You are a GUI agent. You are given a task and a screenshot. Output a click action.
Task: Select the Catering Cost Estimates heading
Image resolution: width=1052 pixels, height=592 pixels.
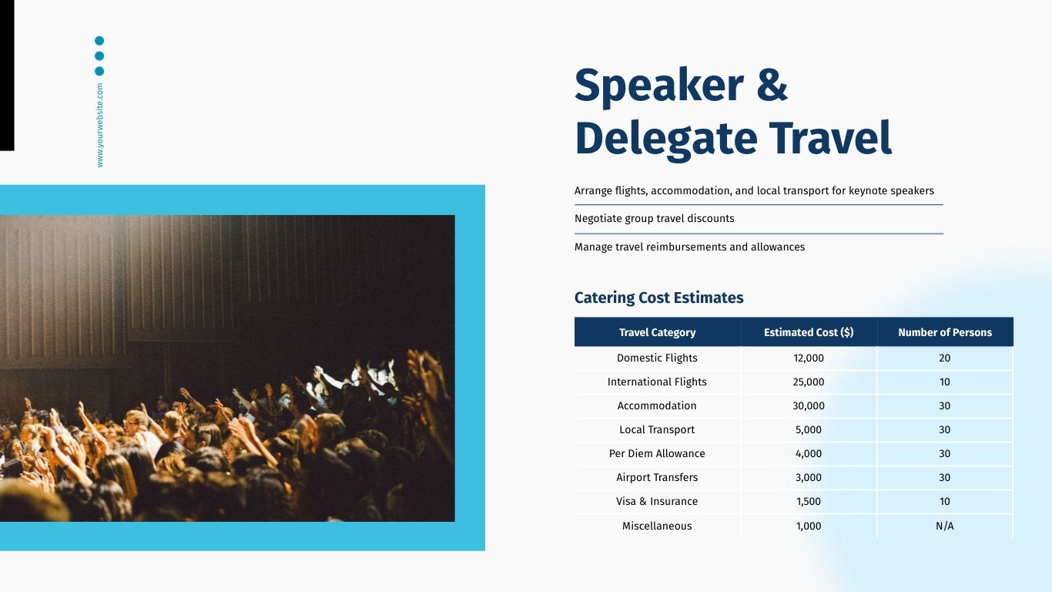click(658, 298)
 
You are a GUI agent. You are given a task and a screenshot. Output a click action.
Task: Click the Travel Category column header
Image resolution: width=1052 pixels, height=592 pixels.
click(657, 332)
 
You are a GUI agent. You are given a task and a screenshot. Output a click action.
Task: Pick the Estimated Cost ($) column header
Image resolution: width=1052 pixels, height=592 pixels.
click(809, 332)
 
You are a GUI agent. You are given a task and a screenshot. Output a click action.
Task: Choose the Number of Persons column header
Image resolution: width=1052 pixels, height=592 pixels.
click(944, 332)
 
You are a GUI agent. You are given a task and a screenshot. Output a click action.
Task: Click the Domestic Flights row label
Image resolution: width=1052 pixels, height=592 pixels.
click(657, 358)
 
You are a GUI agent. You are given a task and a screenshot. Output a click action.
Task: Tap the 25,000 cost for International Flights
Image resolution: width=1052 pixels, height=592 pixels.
click(809, 382)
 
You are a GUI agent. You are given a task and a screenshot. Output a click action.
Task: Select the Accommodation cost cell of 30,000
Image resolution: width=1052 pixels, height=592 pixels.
click(809, 405)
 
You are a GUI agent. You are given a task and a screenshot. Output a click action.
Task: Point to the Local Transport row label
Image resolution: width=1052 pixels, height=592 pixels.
click(657, 429)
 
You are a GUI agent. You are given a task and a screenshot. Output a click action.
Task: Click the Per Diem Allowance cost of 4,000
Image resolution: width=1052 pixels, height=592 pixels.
click(809, 453)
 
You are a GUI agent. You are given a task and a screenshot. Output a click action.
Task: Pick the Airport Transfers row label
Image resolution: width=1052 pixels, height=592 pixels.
click(657, 477)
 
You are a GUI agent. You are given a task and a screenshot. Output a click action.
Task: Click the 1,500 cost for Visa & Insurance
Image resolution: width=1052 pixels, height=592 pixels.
click(809, 501)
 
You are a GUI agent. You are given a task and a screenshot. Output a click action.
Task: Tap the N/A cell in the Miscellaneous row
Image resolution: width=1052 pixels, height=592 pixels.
click(944, 526)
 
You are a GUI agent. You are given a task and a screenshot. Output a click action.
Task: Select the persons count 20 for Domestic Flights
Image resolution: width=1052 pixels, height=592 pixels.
click(944, 358)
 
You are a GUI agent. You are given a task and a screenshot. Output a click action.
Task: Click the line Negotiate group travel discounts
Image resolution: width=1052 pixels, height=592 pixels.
click(655, 218)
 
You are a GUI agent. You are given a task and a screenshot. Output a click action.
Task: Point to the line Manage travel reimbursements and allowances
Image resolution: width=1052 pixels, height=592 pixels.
click(689, 247)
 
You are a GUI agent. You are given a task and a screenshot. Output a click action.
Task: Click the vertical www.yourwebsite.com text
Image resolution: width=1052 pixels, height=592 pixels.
click(100, 125)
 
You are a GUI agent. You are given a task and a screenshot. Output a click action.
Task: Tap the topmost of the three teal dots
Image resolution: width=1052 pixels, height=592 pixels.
click(99, 40)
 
